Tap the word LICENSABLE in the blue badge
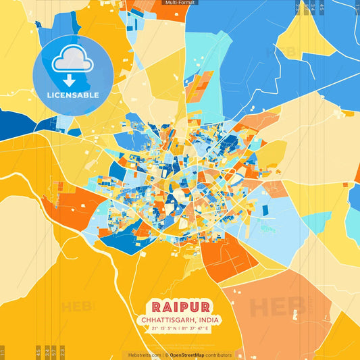tap(73, 95)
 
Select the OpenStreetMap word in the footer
tap(188, 355)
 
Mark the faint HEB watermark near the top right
tap(278, 52)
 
